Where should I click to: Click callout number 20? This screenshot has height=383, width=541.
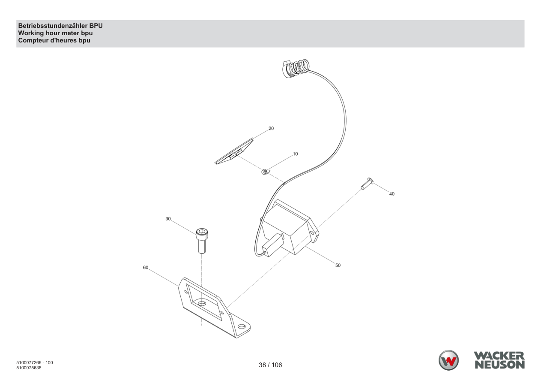[x=271, y=128]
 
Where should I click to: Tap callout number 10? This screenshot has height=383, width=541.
[x=295, y=154]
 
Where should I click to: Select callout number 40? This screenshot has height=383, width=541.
[x=392, y=194]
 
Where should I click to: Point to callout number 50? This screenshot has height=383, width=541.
[x=338, y=265]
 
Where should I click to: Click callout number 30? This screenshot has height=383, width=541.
[x=168, y=219]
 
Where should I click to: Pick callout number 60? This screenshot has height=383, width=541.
[x=146, y=268]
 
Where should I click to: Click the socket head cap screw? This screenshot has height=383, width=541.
[x=202, y=241]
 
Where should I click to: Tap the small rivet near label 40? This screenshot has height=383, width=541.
[x=367, y=184]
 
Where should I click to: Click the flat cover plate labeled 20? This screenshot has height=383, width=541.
[x=234, y=151]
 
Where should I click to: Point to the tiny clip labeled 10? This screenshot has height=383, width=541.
[x=266, y=172]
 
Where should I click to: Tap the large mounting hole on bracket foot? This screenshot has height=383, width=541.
[x=242, y=327]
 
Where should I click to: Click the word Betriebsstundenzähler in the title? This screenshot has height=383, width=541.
[x=53, y=26]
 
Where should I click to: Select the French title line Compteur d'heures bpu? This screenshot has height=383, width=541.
[x=54, y=40]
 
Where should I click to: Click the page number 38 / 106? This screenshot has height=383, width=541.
[x=270, y=365]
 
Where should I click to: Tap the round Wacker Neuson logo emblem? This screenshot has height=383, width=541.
[x=448, y=360]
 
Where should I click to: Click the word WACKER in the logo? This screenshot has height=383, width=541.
[x=499, y=356]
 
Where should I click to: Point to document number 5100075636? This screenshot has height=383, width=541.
[x=29, y=368]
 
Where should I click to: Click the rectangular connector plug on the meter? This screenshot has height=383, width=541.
[x=272, y=244]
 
